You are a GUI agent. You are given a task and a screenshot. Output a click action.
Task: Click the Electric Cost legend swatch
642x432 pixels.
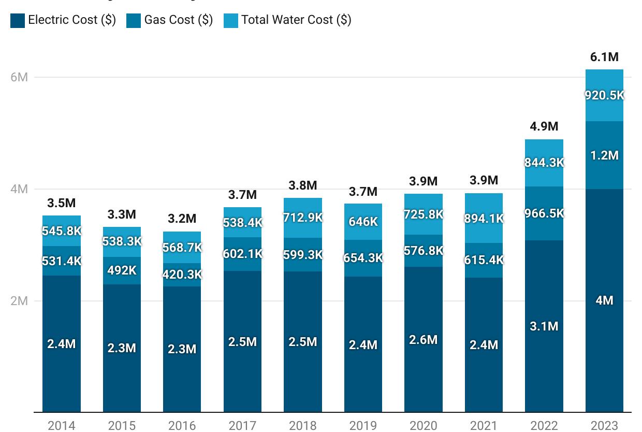click(x=17, y=20)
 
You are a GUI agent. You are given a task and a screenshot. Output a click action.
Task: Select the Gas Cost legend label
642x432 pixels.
click(x=178, y=20)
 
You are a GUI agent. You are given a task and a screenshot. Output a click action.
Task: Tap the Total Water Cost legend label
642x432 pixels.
click(x=296, y=20)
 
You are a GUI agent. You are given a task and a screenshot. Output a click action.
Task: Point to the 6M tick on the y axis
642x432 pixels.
click(x=19, y=77)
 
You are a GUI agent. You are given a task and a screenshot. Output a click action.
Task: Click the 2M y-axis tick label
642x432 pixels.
click(x=19, y=301)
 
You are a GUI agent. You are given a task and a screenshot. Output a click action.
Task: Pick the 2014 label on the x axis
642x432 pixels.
click(x=62, y=425)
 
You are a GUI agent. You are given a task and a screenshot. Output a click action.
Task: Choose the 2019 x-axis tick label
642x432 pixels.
click(x=363, y=425)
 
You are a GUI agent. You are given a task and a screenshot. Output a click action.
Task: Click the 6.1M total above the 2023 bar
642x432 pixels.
click(x=604, y=57)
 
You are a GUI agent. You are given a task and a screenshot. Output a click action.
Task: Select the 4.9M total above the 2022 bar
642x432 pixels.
click(x=544, y=126)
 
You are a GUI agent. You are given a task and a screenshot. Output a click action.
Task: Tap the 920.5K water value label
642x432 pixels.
click(x=604, y=95)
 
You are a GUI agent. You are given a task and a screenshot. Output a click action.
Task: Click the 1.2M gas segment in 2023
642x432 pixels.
click(x=604, y=155)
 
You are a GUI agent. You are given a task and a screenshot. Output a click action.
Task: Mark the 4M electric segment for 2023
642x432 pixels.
click(x=604, y=300)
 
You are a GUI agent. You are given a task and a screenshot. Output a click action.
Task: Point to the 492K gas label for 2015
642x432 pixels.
click(x=122, y=270)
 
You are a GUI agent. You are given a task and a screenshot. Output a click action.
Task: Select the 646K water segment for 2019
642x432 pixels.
click(x=363, y=222)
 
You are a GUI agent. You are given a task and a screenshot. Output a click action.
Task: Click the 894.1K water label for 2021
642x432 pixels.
click(x=484, y=219)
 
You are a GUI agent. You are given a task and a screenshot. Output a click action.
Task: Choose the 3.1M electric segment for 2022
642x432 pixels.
click(x=544, y=326)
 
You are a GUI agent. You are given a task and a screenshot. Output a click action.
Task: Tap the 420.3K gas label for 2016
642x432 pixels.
click(x=182, y=275)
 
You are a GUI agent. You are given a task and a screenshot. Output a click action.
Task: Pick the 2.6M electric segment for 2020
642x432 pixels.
click(x=423, y=340)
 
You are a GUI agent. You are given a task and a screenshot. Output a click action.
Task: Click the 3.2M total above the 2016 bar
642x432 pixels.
click(x=182, y=219)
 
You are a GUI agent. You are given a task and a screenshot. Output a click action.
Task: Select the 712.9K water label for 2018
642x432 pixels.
click(x=302, y=218)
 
